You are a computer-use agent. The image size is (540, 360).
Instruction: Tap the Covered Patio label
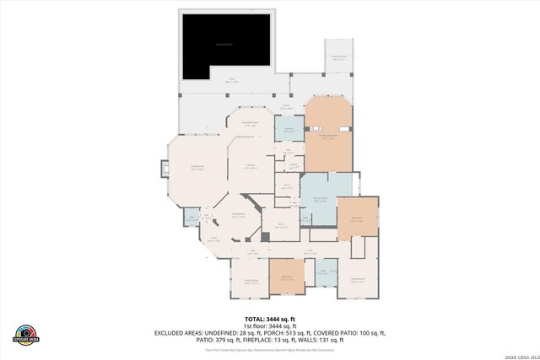(x=337, y=59)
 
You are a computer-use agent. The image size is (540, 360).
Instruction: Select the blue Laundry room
(x=289, y=132)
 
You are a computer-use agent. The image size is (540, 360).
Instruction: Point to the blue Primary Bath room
(x=320, y=199)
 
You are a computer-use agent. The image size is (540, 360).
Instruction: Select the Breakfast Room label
(x=251, y=124)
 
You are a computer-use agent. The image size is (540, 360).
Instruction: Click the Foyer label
(x=214, y=241)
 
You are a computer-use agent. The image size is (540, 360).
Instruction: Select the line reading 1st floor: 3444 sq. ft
(x=269, y=326)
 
